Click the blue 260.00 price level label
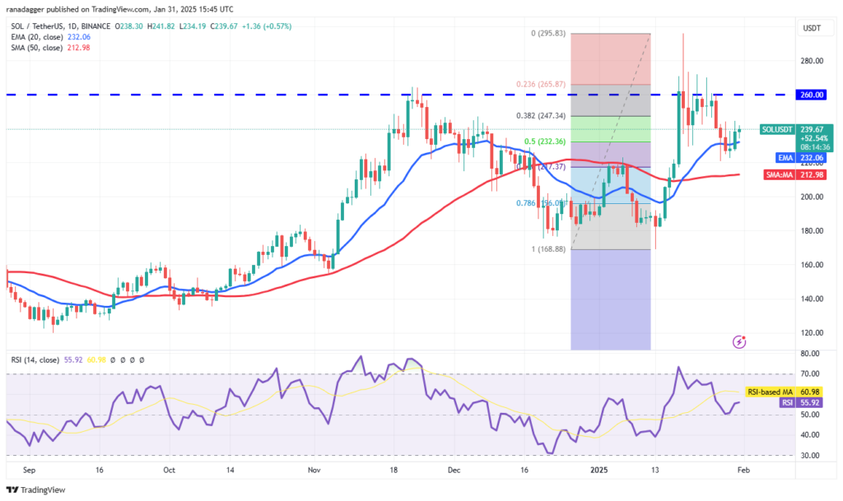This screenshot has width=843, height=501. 813,95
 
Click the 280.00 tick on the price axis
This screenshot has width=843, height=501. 813,62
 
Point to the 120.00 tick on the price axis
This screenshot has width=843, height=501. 813,333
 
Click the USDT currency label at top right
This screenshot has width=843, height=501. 813,29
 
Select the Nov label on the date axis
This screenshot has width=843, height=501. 313,471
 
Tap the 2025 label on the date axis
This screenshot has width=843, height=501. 597,471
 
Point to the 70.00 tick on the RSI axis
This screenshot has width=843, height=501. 811,374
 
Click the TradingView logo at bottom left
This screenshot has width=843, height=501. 37,489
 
